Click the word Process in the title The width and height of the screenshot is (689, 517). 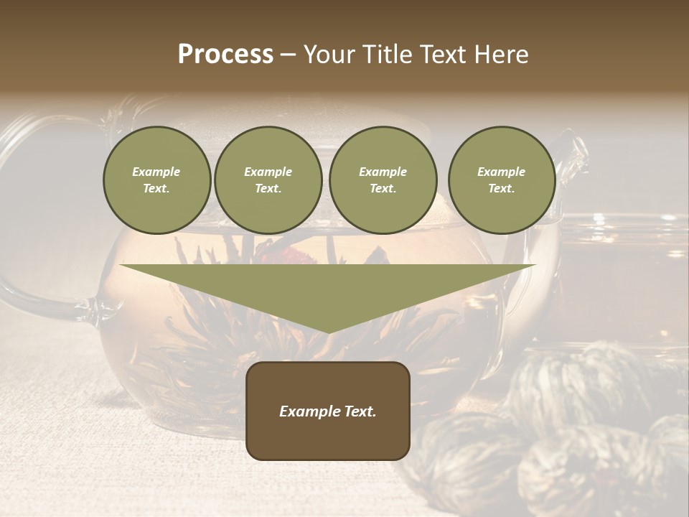pos(225,55)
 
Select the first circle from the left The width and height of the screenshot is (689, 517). pos(156,180)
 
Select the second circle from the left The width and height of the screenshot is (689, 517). pos(268,180)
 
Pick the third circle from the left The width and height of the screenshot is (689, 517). pos(383,180)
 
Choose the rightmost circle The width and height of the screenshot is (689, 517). pos(501,180)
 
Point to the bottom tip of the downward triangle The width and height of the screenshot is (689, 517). pos(328,332)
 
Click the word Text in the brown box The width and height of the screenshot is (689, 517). pos(360,411)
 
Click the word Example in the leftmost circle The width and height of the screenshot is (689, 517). pos(156,172)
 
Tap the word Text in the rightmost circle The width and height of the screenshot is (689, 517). pos(501,189)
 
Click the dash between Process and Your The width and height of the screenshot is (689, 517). pos(289,55)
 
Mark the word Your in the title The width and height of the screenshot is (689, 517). pos(331,55)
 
